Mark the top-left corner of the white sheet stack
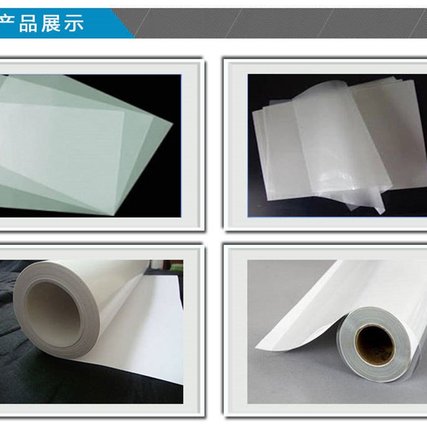pyautogui.click(x=260, y=109)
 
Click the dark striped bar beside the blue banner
pyautogui.click(x=278, y=24)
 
